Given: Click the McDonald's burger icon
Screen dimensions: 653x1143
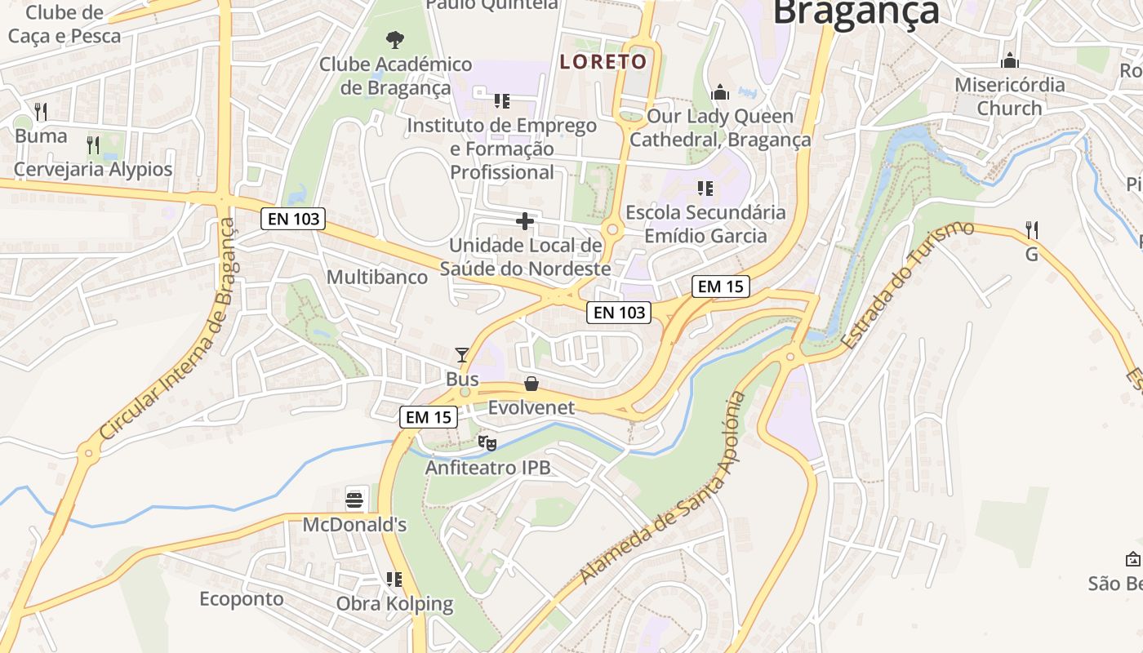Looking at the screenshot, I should pyautogui.click(x=354, y=499).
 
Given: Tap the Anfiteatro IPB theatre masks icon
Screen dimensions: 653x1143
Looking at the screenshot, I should pyautogui.click(x=487, y=443).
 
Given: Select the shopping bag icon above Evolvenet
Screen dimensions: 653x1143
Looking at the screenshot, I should pyautogui.click(x=531, y=384).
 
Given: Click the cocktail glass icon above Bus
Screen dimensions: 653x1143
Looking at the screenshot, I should pyautogui.click(x=462, y=355).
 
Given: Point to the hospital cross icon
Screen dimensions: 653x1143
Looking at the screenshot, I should pyautogui.click(x=525, y=221).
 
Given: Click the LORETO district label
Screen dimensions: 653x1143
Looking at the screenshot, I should pyautogui.click(x=603, y=62).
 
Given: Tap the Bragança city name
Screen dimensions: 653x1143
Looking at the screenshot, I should pyautogui.click(x=856, y=13).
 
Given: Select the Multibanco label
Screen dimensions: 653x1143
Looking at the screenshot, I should pyautogui.click(x=377, y=277).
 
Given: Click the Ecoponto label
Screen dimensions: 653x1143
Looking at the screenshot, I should pyautogui.click(x=242, y=598).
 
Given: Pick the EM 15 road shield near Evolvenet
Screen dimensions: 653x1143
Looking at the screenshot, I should pyautogui.click(x=427, y=416).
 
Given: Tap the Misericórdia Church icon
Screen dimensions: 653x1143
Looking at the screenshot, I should pyautogui.click(x=1010, y=61).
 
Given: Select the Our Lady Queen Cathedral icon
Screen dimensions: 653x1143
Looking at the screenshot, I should pyautogui.click(x=720, y=92).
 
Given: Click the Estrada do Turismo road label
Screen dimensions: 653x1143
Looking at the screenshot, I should pyautogui.click(x=907, y=285).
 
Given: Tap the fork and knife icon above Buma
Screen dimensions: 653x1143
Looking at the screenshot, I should pyautogui.click(x=41, y=112).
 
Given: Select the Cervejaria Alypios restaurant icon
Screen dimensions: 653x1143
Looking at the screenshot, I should pyautogui.click(x=93, y=146).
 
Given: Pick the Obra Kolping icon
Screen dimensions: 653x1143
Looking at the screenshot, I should pyautogui.click(x=394, y=580).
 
